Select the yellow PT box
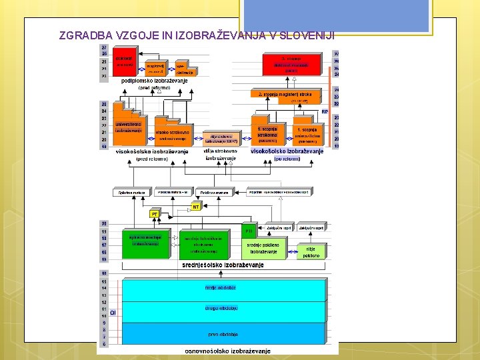(155, 214)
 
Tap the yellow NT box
(196, 207)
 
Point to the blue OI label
(113, 312)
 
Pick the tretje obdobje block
(220, 288)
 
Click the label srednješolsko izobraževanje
(223, 265)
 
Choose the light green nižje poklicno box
(311, 251)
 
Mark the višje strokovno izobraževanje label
(220, 155)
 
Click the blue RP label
(325, 112)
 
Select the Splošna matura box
(132, 193)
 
